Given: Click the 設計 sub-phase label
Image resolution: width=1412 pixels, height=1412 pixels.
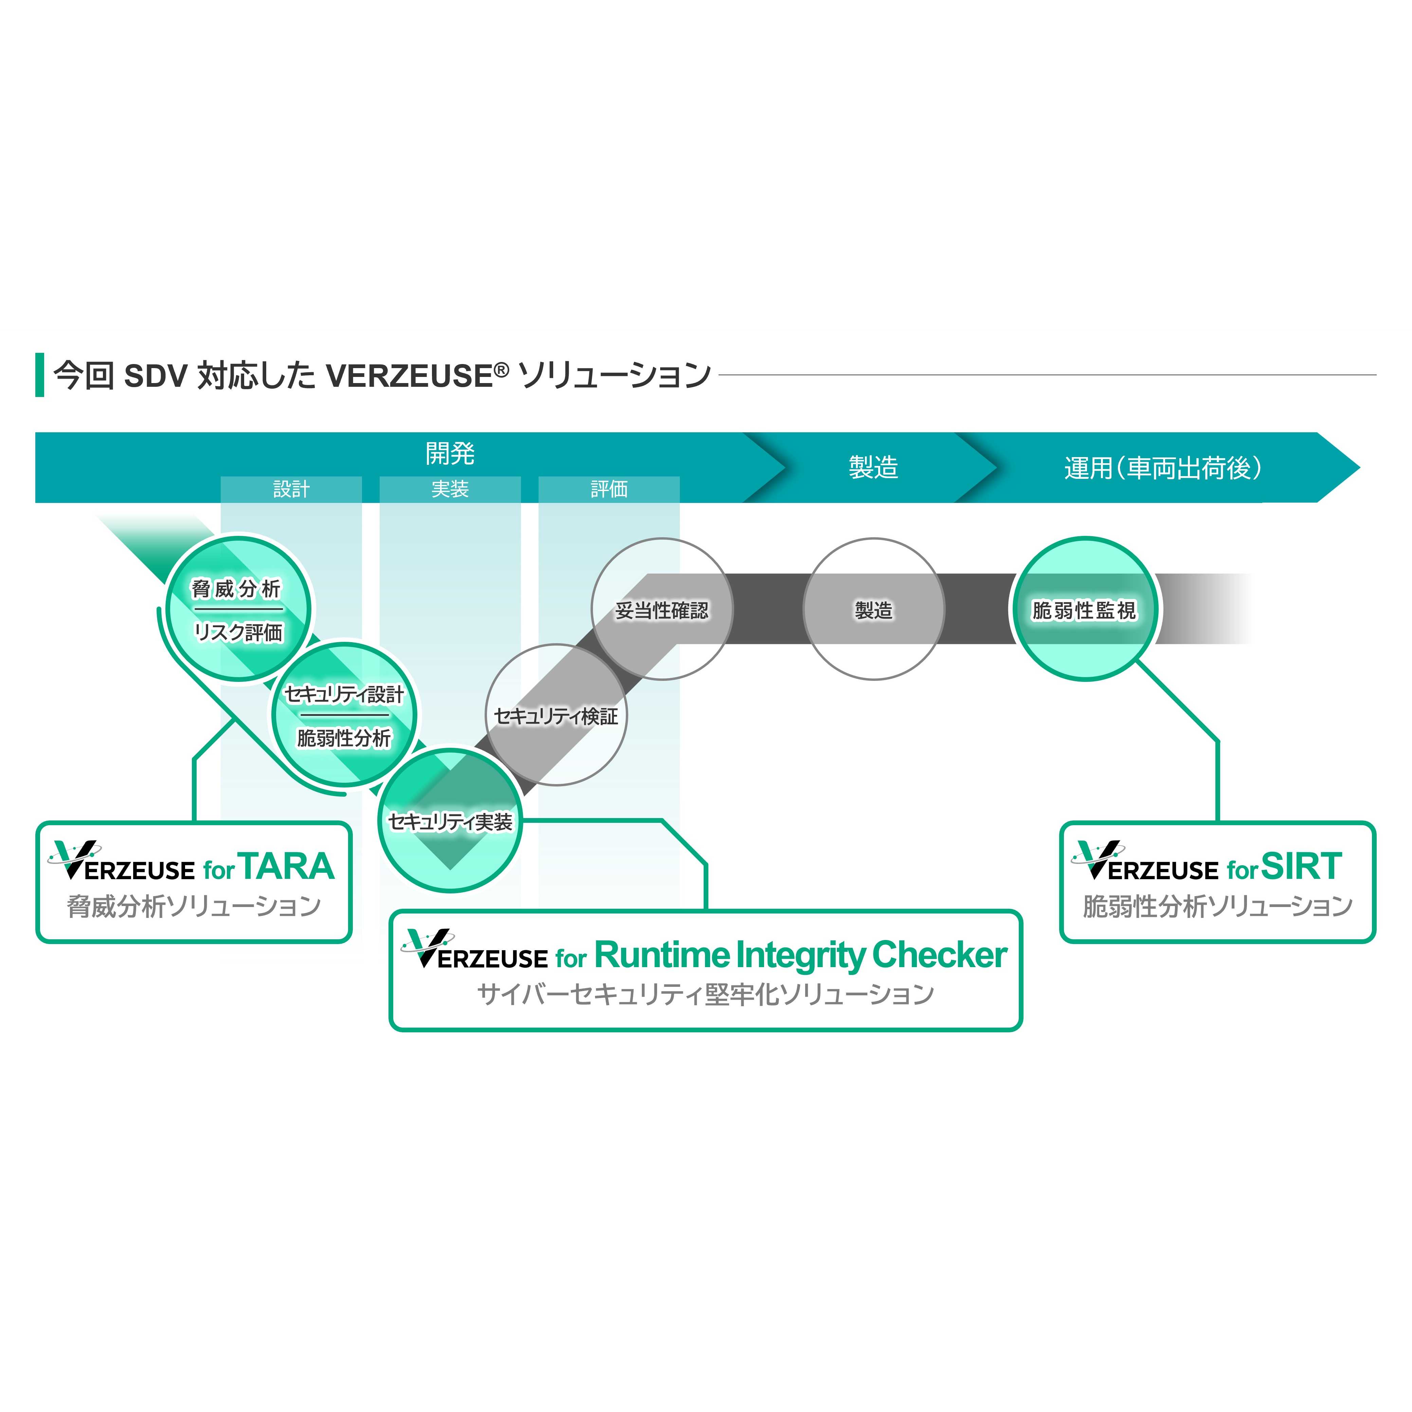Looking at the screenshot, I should click(x=291, y=489).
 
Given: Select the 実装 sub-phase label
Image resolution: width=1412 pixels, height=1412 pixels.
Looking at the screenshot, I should click(x=450, y=489).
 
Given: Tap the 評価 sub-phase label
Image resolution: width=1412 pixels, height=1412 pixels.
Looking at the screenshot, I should click(x=609, y=489).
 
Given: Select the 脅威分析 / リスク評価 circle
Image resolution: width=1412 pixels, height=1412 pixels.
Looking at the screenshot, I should click(x=237, y=610).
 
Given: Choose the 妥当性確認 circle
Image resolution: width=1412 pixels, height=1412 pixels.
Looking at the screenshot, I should click(x=662, y=610).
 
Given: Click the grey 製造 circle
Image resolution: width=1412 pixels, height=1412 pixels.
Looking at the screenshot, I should click(x=873, y=610).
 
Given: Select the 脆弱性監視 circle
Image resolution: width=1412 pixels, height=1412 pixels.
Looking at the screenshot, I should click(x=1085, y=610).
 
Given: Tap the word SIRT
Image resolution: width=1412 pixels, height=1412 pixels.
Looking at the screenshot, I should click(x=1302, y=867).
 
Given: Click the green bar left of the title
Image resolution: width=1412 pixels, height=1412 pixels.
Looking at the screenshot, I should click(x=39, y=375).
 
